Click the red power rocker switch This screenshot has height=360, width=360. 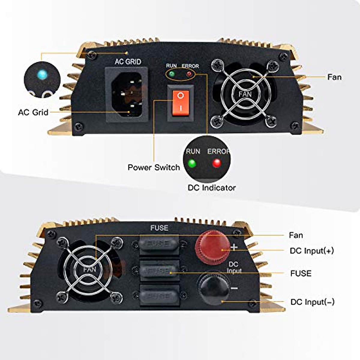click(181, 102)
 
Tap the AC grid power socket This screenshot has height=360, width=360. click(127, 94)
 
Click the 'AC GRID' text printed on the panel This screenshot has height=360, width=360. click(128, 62)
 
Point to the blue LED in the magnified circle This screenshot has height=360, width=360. click(42, 74)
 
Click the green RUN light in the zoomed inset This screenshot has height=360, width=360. click(192, 163)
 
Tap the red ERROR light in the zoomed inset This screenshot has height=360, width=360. click(216, 163)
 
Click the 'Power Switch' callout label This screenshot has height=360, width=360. click(154, 167)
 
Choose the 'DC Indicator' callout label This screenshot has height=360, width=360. click(211, 188)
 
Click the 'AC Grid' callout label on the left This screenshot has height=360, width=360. click(33, 112)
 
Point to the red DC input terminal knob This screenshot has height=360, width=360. click(212, 247)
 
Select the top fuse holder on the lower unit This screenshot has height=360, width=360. click(159, 244)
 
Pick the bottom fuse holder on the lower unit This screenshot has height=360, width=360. click(159, 296)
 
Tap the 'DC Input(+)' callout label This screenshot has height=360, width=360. click(312, 251)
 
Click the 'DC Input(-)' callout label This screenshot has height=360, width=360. click(312, 302)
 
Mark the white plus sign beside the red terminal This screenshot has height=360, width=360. click(234, 247)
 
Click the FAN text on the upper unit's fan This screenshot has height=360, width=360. click(245, 94)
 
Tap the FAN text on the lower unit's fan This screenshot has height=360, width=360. click(90, 269)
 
